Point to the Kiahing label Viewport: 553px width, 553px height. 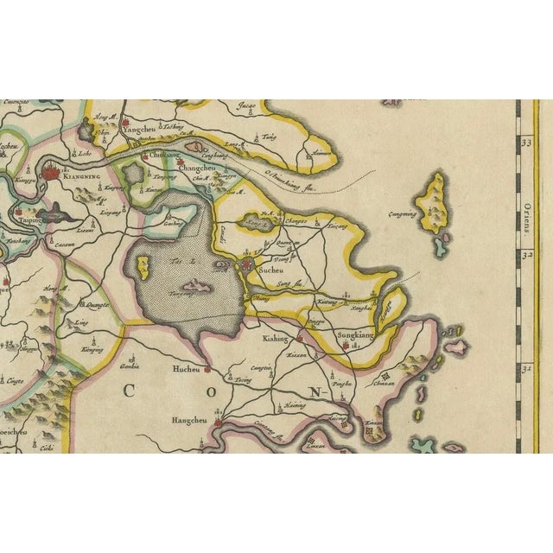pos(276,340)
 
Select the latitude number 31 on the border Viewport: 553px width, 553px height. pos(525,369)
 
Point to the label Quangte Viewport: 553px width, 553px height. pos(97,303)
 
